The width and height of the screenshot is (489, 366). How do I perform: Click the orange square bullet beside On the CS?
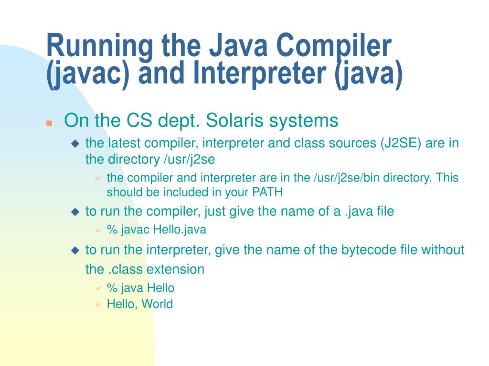[x=49, y=123]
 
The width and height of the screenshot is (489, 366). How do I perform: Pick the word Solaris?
[x=234, y=121]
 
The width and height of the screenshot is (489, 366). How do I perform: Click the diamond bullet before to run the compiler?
[x=75, y=212]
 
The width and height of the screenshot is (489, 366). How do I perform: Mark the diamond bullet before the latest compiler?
[x=75, y=144]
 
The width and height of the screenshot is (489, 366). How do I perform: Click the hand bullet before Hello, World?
[x=98, y=305]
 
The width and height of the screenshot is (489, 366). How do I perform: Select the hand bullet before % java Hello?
[x=98, y=288]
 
